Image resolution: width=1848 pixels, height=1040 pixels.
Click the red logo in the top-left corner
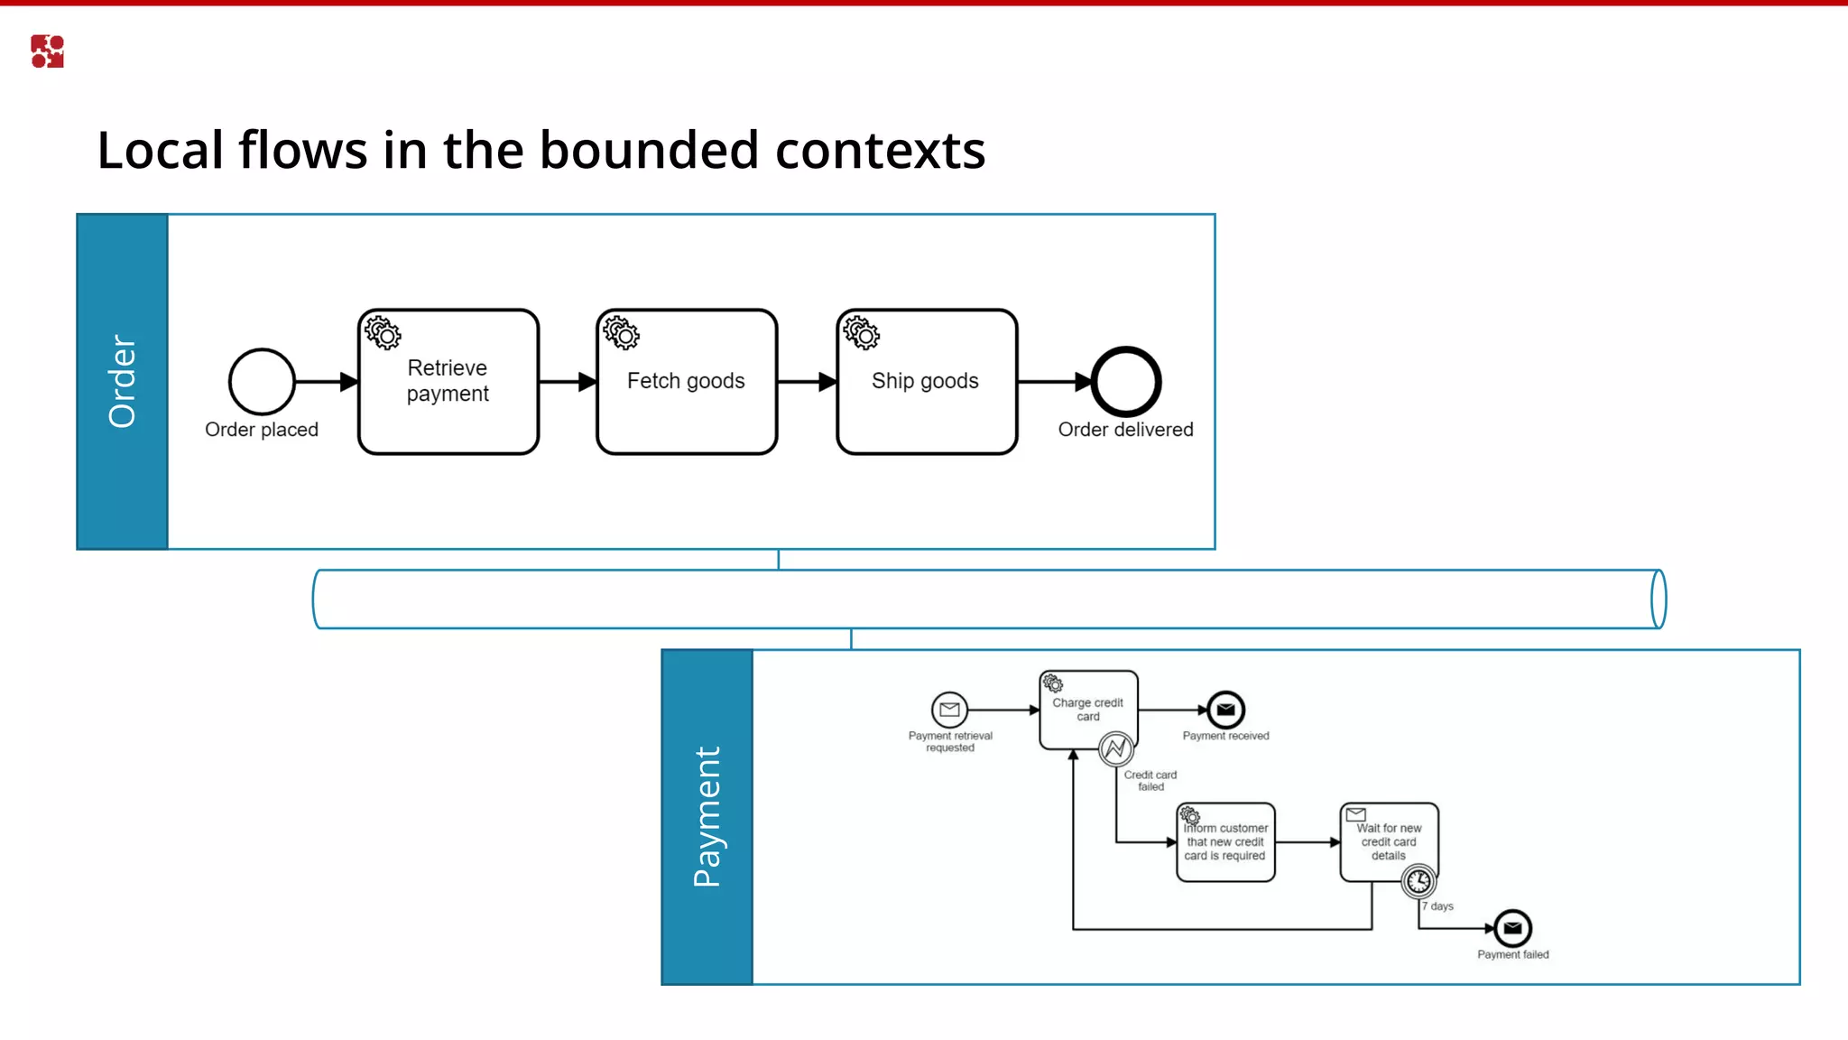[47, 51]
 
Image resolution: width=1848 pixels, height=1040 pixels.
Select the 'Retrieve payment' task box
[448, 382]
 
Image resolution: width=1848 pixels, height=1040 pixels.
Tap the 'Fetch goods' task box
[687, 382]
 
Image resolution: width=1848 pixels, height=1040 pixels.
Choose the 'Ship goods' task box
[927, 382]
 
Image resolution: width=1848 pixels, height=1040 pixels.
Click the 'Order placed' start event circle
[262, 382]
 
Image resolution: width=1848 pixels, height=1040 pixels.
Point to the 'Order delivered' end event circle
[1125, 382]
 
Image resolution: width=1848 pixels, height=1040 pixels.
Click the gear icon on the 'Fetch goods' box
[621, 332]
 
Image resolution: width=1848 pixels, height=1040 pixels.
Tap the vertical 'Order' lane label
[122, 381]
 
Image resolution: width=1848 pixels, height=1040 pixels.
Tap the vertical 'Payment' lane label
[707, 816]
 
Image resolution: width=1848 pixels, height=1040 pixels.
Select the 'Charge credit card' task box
[1088, 710]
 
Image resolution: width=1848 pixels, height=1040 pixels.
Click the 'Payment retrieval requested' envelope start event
[949, 710]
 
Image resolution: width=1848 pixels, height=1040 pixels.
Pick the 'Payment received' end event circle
[1225, 710]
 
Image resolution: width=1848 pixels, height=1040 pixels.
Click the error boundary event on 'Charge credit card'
[1116, 748]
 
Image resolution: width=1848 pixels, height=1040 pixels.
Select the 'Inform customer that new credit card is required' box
[1225, 842]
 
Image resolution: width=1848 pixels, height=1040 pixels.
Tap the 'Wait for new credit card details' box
[1389, 842]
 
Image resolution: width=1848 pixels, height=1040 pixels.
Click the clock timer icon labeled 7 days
[1418, 880]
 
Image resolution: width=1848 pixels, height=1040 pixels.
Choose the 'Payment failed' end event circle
[1512, 927]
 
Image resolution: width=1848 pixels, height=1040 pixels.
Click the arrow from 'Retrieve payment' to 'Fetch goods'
[568, 382]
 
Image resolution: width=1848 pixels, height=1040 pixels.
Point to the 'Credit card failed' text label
[1150, 780]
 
